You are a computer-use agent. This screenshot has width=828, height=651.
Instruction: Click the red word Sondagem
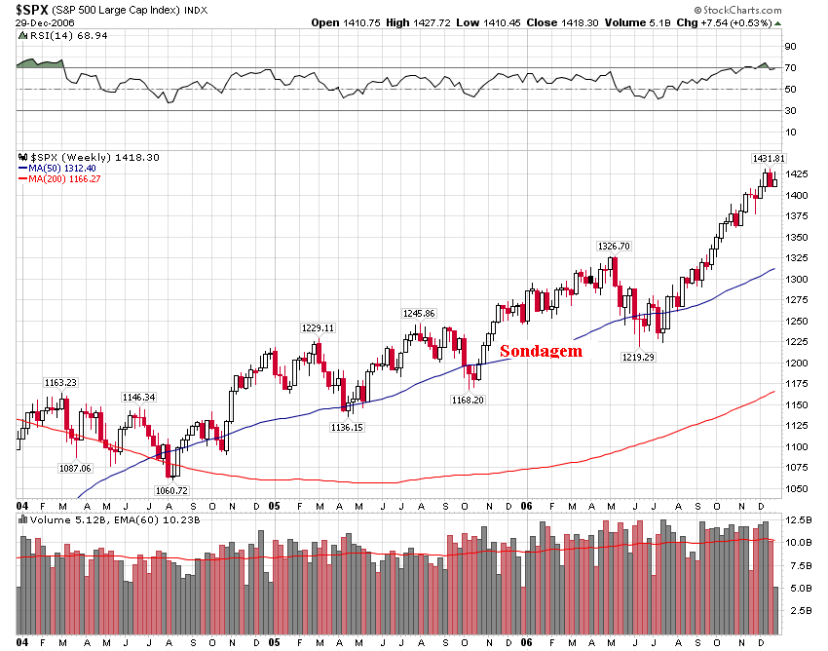(x=541, y=352)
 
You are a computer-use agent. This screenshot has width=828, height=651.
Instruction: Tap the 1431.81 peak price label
(x=768, y=158)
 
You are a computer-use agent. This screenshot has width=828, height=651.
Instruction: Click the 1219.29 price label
(x=639, y=358)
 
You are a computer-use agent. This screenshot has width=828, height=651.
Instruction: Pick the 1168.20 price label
(x=468, y=400)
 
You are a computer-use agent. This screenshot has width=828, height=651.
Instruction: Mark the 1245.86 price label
(x=418, y=313)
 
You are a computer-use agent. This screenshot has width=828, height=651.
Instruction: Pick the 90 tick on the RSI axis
(x=791, y=46)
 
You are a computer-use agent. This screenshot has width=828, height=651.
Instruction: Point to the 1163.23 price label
(x=59, y=383)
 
